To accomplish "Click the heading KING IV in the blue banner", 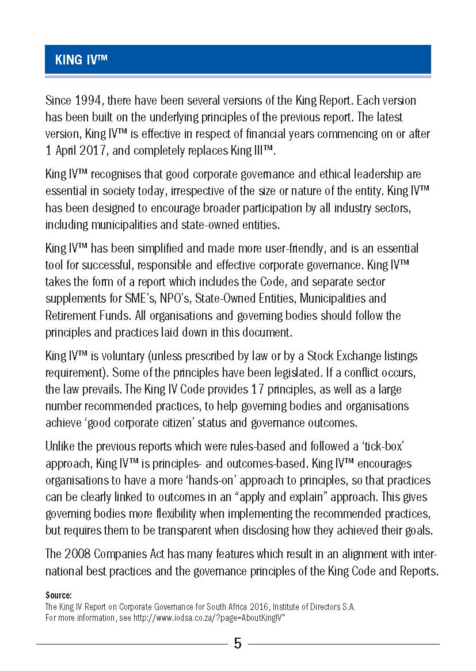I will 82,60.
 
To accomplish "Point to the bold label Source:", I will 58,595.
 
